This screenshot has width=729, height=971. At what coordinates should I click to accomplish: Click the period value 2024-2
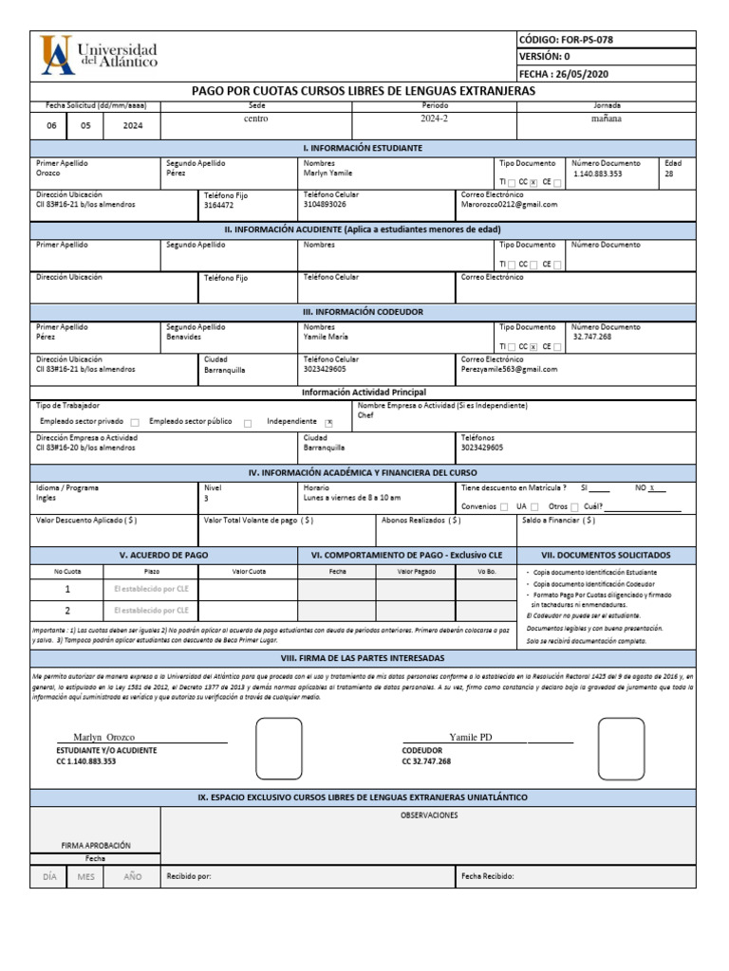coord(435,119)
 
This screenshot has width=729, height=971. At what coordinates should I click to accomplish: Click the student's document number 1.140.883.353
coord(598,174)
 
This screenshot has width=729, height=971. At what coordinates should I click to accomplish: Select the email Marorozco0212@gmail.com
coord(509,204)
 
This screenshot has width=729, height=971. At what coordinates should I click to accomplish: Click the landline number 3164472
coord(218,205)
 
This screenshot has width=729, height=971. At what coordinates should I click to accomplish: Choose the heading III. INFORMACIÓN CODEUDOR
coord(363,311)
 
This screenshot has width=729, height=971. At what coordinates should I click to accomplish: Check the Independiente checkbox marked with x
coord(329,423)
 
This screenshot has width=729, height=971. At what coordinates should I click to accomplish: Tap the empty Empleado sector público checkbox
coord(248,423)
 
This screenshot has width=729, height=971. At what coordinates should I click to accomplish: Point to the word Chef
coord(365,415)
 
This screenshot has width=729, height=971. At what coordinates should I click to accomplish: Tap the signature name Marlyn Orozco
coord(103,737)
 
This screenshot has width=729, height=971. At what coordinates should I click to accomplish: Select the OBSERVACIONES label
coord(429,815)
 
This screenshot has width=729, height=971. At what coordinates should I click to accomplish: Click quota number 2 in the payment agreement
coord(66,611)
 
